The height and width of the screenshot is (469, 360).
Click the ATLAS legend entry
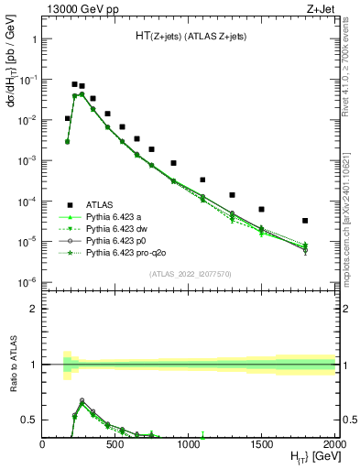click(x=99, y=204)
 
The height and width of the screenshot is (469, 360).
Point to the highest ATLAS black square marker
click(x=74, y=84)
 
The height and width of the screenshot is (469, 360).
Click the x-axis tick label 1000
click(x=189, y=443)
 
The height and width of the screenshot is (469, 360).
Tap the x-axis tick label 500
click(x=115, y=443)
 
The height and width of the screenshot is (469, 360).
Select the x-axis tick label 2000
click(x=334, y=443)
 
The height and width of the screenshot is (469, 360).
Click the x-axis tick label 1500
click(x=262, y=443)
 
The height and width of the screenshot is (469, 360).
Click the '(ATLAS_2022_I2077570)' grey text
click(x=189, y=273)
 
